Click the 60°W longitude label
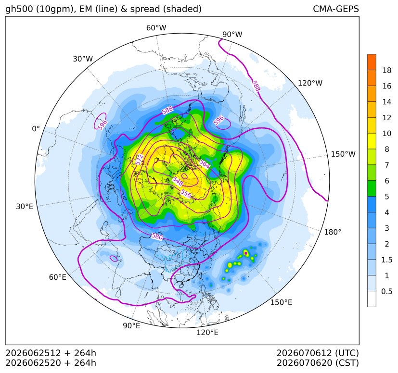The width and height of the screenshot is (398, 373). click(x=156, y=28)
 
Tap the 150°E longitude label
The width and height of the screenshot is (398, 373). click(x=281, y=302)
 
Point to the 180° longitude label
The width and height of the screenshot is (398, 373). click(x=333, y=232)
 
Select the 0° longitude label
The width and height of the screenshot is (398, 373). click(x=36, y=129)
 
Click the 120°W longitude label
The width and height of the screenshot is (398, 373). click(x=310, y=83)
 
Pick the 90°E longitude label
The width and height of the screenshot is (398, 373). click(x=131, y=326)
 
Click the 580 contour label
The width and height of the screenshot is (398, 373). click(x=157, y=236)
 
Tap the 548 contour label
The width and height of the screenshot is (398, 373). click(x=178, y=181)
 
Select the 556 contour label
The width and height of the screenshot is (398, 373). click(x=186, y=194)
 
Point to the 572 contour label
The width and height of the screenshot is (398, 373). click(x=139, y=160)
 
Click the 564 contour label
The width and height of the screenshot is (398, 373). click(x=205, y=164)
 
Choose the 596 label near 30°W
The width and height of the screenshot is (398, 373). click(x=103, y=125)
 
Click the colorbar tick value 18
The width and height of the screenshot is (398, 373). click(x=387, y=70)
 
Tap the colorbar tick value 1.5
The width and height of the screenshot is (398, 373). click(x=386, y=260)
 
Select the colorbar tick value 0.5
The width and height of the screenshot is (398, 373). click(x=386, y=291)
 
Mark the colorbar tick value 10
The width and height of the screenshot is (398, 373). click(x=387, y=133)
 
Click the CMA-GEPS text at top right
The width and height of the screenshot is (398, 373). click(x=336, y=9)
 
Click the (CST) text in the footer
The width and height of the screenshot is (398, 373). click(x=347, y=363)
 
